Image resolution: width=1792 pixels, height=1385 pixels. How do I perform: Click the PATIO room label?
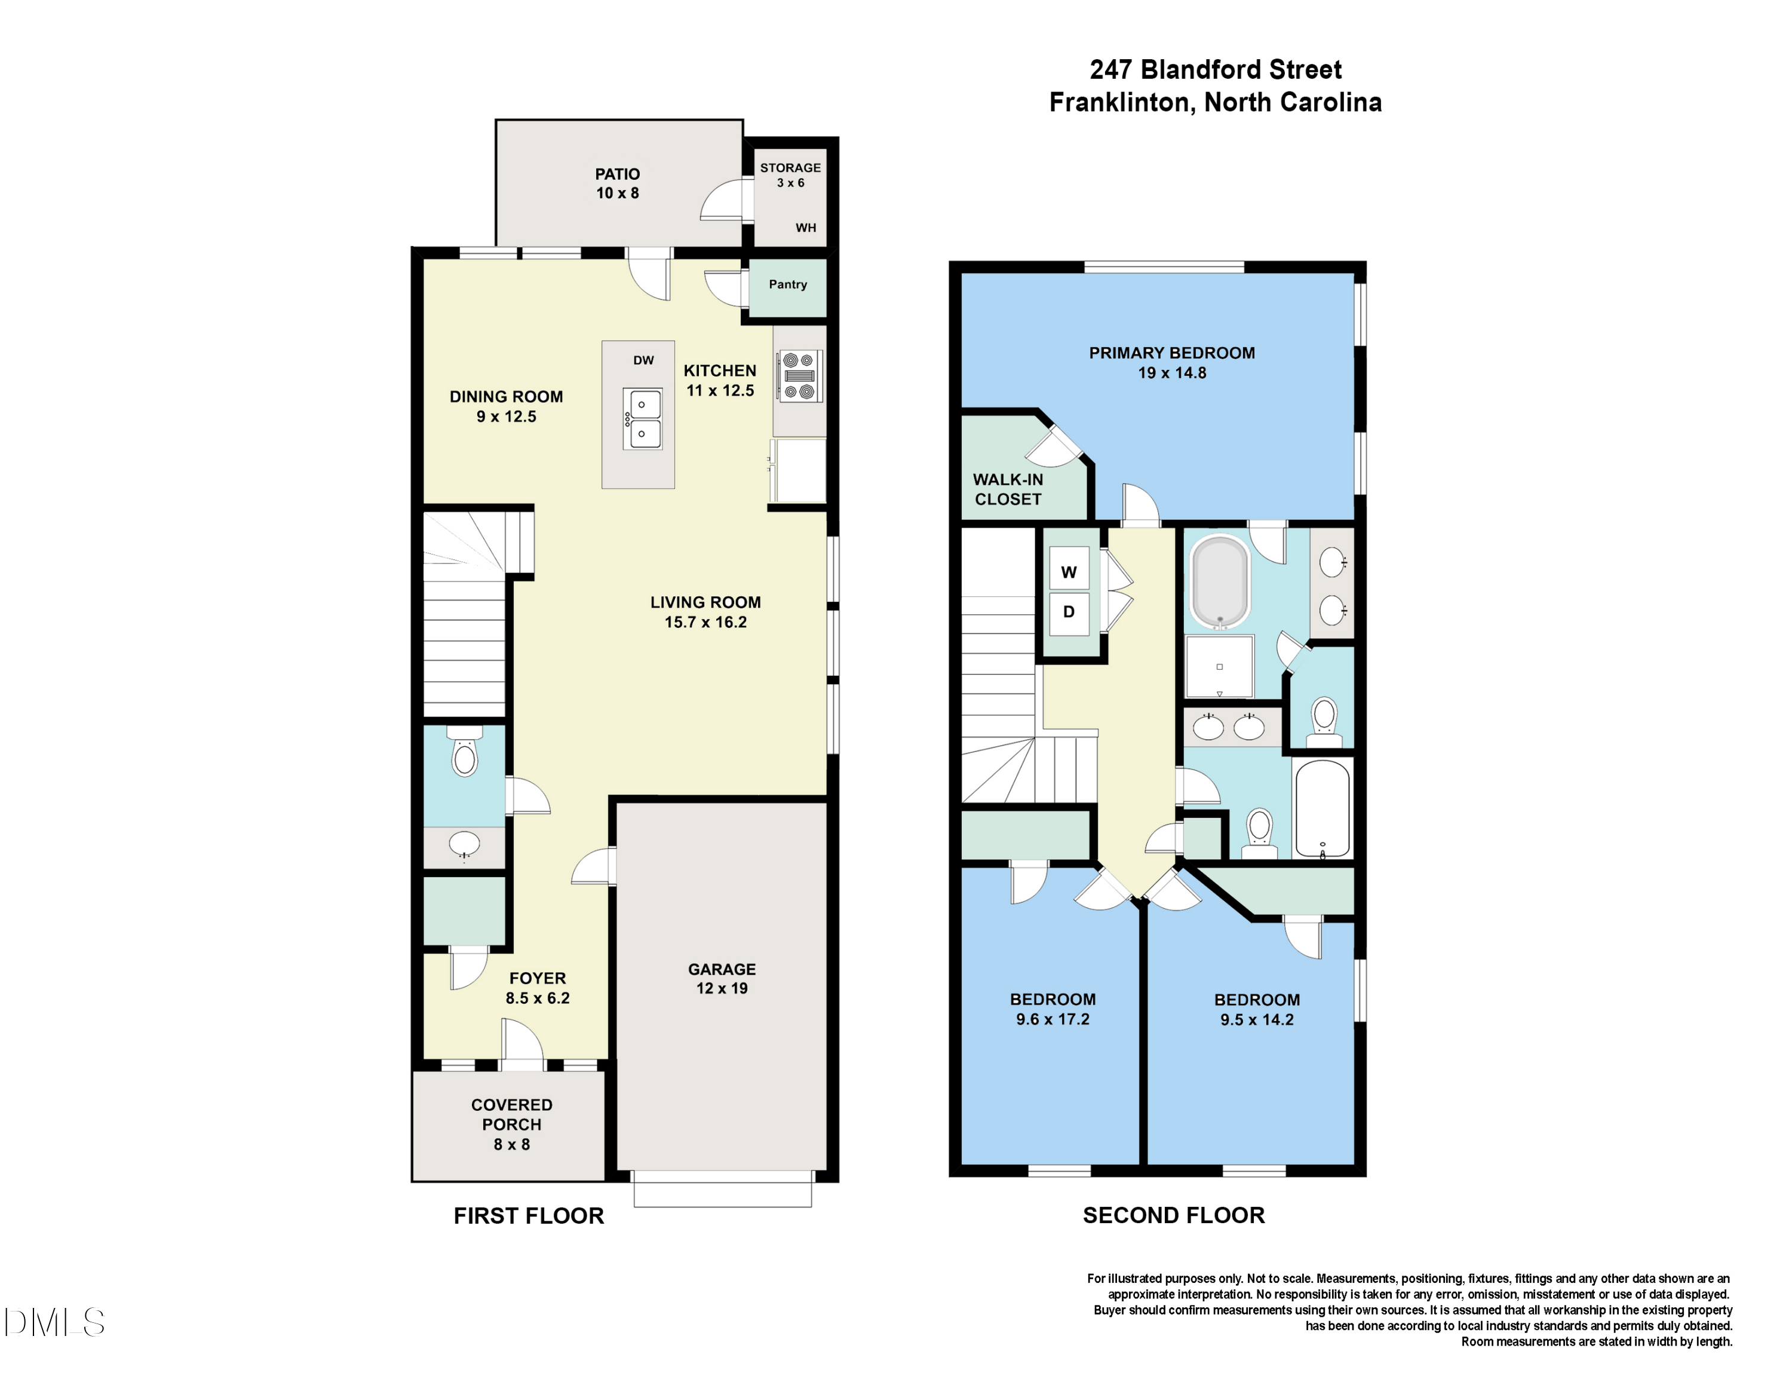(617, 174)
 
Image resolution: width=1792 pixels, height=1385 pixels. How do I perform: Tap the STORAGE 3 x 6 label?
(790, 174)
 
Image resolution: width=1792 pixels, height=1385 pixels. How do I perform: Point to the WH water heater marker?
(806, 228)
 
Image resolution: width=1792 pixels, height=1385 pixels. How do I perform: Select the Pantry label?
(788, 285)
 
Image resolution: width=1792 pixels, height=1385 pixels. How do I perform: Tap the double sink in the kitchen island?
(643, 418)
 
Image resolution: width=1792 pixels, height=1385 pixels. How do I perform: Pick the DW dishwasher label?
(643, 360)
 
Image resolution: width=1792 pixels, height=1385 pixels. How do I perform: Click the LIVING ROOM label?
(705, 602)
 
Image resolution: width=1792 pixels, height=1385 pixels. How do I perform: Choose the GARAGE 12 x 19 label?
(722, 979)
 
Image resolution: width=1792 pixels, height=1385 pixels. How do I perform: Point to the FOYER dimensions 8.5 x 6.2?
(538, 998)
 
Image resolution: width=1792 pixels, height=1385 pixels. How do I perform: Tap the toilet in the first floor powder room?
(464, 752)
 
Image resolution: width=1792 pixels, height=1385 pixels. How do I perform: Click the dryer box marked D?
(1069, 612)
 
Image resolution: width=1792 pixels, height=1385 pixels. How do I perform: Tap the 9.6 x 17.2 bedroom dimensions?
(1053, 1020)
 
